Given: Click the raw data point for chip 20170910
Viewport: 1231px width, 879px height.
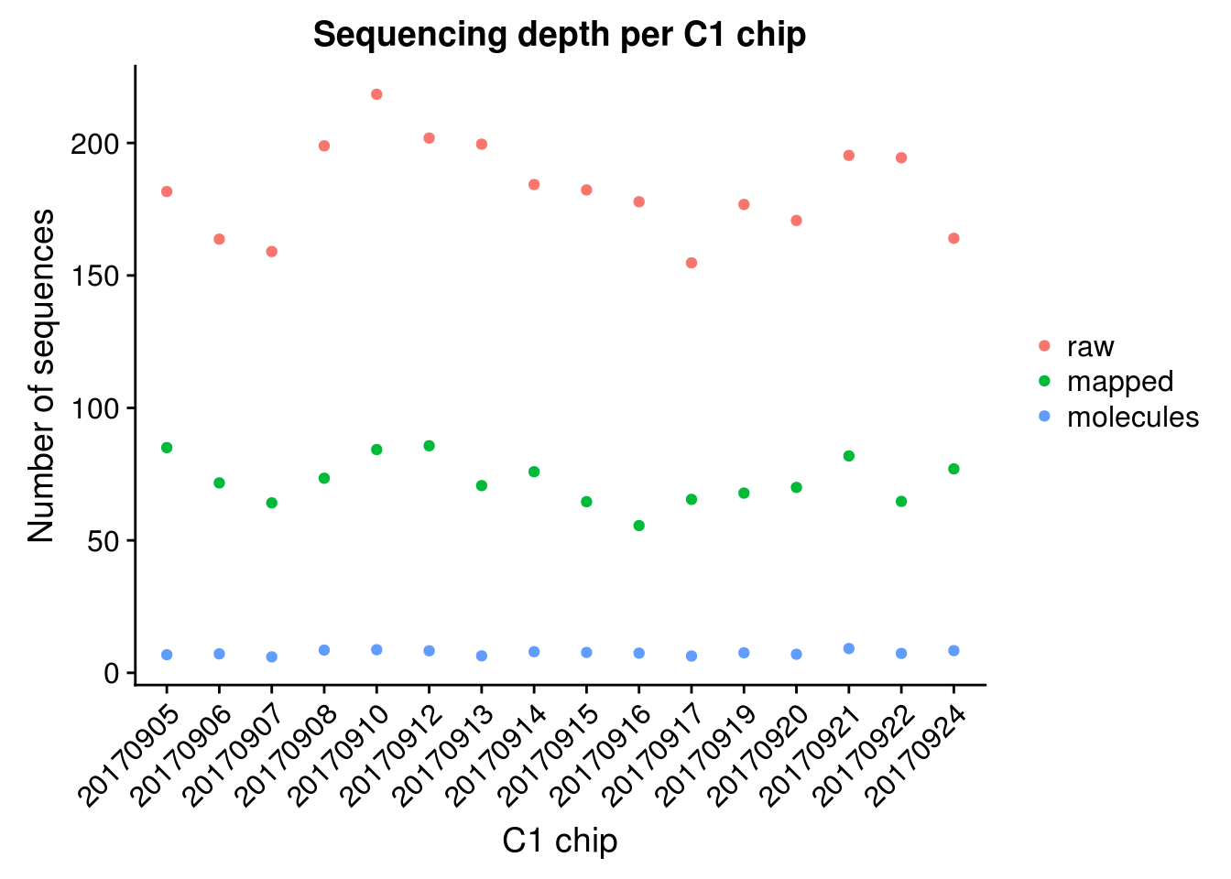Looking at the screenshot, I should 376,94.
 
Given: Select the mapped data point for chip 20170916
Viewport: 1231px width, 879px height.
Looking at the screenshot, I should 639,526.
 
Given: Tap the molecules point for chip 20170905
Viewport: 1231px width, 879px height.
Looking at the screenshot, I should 167,655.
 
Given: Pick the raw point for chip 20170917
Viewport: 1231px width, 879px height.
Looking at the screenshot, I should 692,263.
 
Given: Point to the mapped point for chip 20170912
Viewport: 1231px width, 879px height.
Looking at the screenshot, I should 429,446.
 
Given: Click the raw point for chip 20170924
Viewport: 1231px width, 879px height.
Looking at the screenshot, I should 953,238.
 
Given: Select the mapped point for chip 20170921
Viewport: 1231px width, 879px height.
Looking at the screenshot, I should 849,456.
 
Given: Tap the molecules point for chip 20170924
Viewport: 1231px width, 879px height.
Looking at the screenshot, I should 953,651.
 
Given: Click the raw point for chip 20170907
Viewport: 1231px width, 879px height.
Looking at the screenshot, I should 272,252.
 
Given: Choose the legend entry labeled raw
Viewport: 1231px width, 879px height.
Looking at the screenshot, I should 1090,346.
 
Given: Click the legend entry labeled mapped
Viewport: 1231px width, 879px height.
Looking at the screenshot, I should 1119,382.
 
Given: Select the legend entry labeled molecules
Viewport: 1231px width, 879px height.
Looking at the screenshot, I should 1132,418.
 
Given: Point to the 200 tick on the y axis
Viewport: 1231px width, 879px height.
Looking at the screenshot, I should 95,144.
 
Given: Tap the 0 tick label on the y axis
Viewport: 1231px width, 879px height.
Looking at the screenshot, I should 112,673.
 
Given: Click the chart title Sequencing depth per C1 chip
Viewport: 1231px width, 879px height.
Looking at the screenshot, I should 560,35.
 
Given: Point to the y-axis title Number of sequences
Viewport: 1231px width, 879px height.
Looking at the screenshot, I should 42,375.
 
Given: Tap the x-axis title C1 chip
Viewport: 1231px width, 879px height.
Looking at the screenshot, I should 560,841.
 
